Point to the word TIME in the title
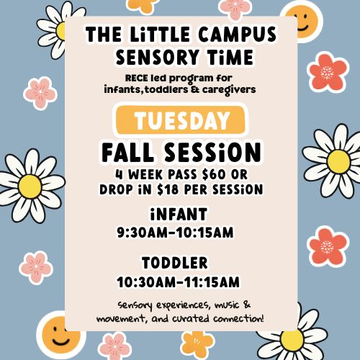tap(221, 56)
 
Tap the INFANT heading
tap(180, 214)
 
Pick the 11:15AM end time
tap(210, 281)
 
